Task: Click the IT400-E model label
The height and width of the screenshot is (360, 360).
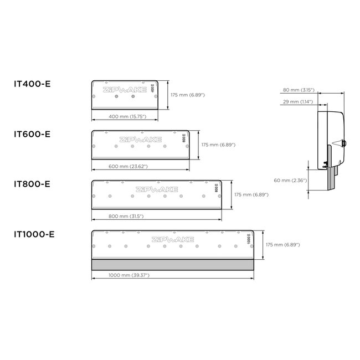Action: pyautogui.click(x=32, y=84)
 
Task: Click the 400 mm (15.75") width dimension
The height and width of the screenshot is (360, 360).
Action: pyautogui.click(x=126, y=117)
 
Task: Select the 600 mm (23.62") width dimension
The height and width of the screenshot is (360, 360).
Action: pyautogui.click(x=128, y=167)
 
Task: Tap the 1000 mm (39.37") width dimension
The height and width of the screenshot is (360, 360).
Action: pyautogui.click(x=128, y=275)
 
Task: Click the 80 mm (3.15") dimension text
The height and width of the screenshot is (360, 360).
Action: pyautogui.click(x=300, y=89)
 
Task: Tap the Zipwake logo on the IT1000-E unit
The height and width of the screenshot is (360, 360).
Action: pyautogui.click(x=172, y=239)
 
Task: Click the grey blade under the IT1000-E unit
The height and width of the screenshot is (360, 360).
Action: pyautogui.click(x=172, y=264)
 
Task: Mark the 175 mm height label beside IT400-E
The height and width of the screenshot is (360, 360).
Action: pyautogui.click(x=188, y=95)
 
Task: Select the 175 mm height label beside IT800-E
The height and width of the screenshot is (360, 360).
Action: pyautogui.click(x=252, y=194)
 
